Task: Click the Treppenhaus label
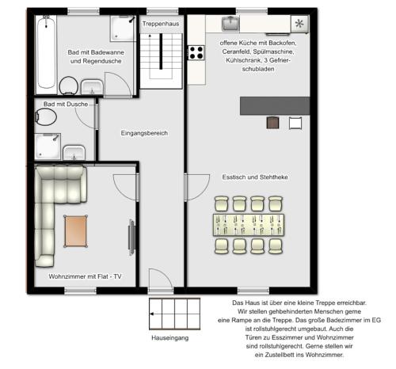click(x=161, y=24)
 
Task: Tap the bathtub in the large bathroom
click(x=47, y=52)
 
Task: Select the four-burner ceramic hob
click(x=196, y=52)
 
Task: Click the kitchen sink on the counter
click(x=231, y=23)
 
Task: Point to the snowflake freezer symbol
click(x=299, y=24)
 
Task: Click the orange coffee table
click(x=76, y=231)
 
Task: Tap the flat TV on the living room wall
click(x=132, y=238)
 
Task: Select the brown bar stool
click(x=272, y=123)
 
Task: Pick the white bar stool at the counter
click(x=295, y=123)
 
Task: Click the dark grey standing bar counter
click(x=275, y=106)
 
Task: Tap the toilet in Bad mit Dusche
click(x=46, y=117)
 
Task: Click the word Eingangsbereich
click(x=144, y=133)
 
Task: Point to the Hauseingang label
click(x=170, y=338)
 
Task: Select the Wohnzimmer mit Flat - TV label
click(x=85, y=276)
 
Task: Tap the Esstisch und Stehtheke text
click(x=255, y=177)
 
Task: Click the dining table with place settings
click(x=249, y=225)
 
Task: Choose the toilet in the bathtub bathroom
click(x=69, y=86)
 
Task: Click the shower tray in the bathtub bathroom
click(x=122, y=29)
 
